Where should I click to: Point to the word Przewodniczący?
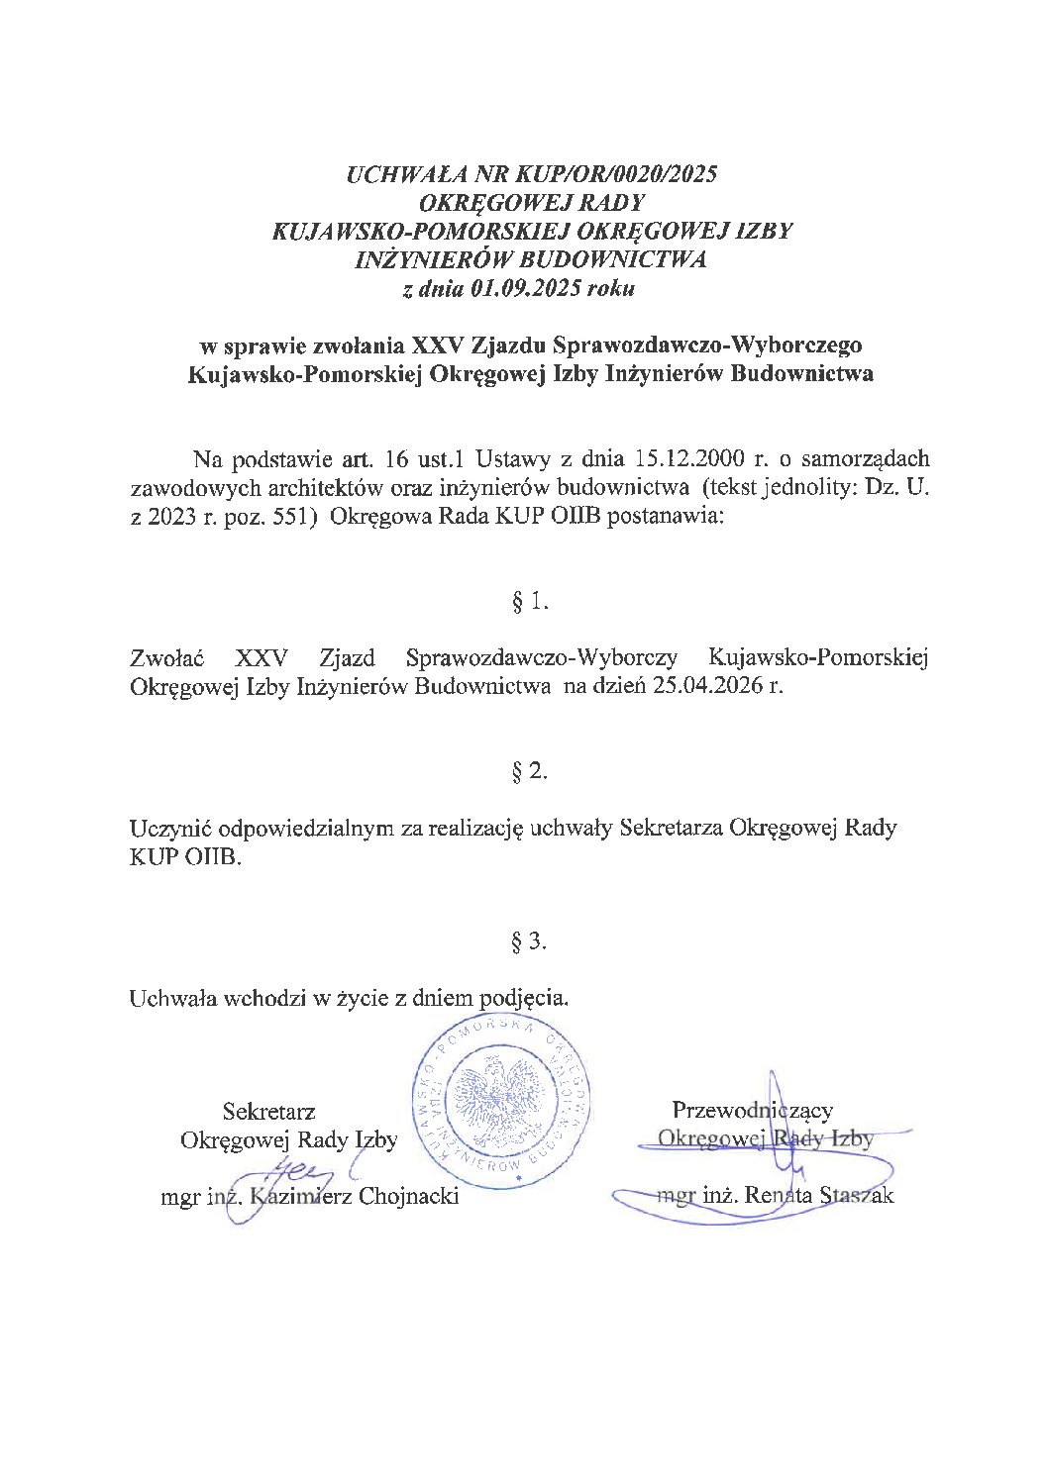pyautogui.click(x=752, y=1110)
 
